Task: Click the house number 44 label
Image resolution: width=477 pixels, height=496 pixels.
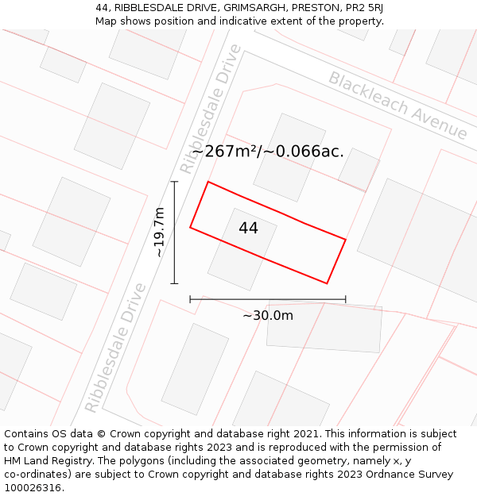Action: pos(248,229)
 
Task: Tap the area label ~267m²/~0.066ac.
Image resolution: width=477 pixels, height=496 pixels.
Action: pos(268,152)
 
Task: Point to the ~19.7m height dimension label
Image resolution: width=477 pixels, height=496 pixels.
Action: pos(160,232)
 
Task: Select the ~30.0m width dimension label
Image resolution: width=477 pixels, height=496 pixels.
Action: pos(268,315)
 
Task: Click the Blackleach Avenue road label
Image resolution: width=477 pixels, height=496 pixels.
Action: pos(397,105)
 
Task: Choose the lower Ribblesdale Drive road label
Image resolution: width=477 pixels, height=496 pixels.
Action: pos(116,348)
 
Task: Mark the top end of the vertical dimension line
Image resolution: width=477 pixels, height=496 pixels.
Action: pos(174,182)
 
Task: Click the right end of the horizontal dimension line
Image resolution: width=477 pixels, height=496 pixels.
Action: pos(346,299)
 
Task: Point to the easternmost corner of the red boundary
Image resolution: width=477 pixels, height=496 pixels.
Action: pos(346,239)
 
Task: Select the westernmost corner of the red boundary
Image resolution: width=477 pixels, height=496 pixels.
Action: pos(190,228)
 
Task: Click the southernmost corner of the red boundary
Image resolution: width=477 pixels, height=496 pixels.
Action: pos(327,283)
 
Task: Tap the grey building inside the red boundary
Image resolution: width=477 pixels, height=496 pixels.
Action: pos(242,248)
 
